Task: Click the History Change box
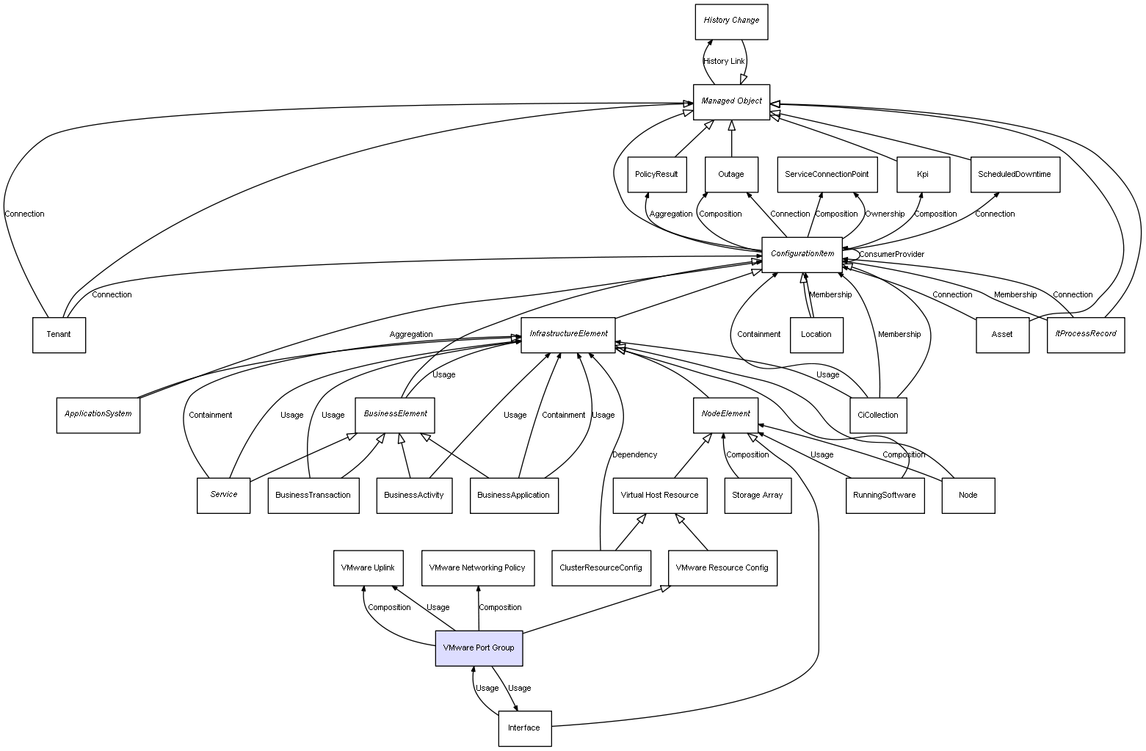(731, 21)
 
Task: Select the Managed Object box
(731, 101)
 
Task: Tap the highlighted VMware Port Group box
(479, 648)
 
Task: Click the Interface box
(524, 728)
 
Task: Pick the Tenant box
(59, 335)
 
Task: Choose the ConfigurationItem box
(802, 254)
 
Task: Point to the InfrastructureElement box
(568, 334)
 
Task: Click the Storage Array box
(757, 496)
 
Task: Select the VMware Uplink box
(368, 568)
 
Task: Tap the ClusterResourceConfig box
(601, 568)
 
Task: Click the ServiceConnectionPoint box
(826, 175)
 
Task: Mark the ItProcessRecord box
(1085, 334)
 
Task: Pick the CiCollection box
(877, 415)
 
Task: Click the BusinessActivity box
(414, 496)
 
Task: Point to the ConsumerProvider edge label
(891, 254)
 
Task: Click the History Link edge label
(724, 61)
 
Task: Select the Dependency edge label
(634, 454)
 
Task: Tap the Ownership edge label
(885, 214)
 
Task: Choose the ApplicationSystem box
(98, 415)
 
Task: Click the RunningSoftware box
(884, 496)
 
